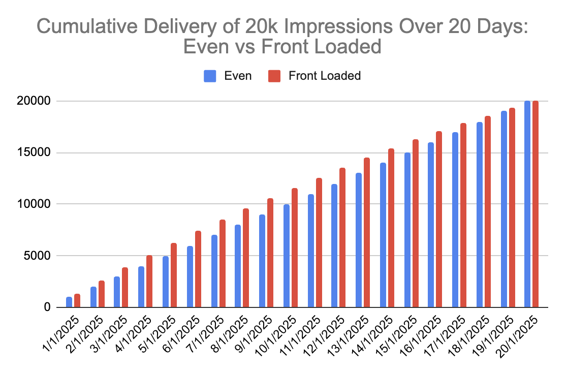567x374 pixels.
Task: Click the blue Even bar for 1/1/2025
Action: click(x=69, y=302)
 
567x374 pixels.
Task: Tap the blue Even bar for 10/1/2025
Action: click(x=287, y=256)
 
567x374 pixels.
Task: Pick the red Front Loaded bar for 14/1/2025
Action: click(x=391, y=228)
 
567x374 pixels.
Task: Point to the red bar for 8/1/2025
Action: click(x=246, y=258)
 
